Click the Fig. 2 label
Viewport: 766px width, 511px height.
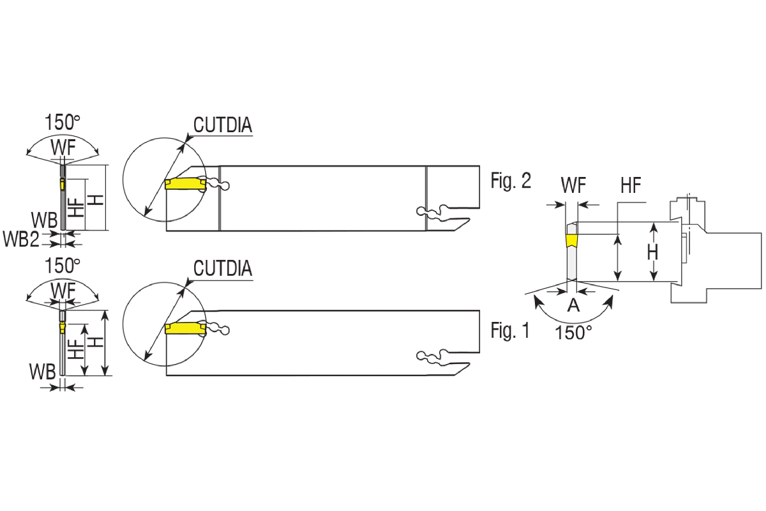(x=511, y=181)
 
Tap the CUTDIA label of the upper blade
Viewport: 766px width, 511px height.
(x=223, y=125)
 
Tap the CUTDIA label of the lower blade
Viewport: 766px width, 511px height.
(x=223, y=268)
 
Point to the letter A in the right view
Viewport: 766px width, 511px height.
(x=573, y=305)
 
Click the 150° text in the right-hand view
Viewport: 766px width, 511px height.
(x=574, y=332)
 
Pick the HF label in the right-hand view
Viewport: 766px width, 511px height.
(x=631, y=186)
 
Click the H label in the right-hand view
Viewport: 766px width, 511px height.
(x=652, y=253)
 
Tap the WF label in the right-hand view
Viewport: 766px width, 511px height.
(x=574, y=186)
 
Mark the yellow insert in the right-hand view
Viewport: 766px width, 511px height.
(x=571, y=241)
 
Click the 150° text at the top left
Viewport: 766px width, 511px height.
(x=63, y=122)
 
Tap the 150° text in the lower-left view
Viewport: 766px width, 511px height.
(x=63, y=265)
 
